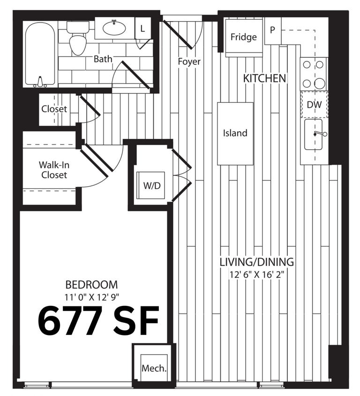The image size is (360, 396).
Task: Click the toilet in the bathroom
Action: click(x=78, y=40)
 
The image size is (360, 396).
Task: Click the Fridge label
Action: click(x=244, y=37)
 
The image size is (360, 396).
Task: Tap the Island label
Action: click(x=235, y=133)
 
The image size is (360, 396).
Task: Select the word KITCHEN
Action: click(x=264, y=78)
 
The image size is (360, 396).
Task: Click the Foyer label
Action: click(x=189, y=61)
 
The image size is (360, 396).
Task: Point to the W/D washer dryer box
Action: click(x=151, y=185)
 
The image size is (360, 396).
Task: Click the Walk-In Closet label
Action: click(x=52, y=170)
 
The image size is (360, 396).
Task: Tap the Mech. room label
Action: click(x=154, y=368)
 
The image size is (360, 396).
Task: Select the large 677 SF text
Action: click(x=98, y=320)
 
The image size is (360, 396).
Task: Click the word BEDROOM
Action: click(x=91, y=284)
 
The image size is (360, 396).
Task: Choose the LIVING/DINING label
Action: click(x=257, y=262)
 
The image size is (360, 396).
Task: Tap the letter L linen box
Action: click(x=142, y=29)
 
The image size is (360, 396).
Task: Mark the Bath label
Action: click(x=103, y=59)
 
